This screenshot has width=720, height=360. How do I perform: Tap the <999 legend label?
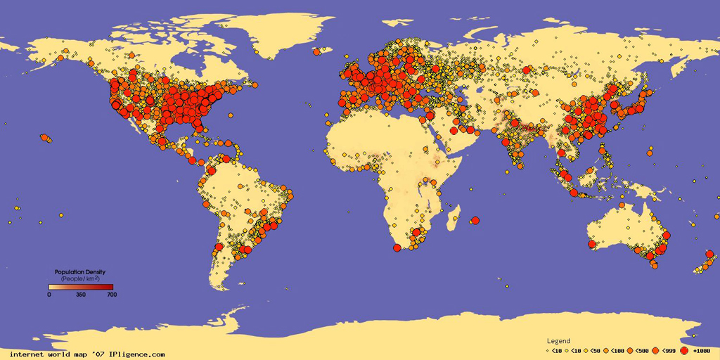tap(669, 350)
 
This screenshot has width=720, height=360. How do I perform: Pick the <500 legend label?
tap(641, 350)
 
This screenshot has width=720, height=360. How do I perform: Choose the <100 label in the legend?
tap(616, 350)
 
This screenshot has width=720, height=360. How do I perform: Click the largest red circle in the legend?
tap(684, 350)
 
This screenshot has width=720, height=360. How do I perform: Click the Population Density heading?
tap(80, 271)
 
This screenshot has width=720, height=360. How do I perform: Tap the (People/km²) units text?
tap(80, 278)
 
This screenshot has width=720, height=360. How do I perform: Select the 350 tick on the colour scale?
tap(81, 295)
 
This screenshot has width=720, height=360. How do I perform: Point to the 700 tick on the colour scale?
tap(111, 295)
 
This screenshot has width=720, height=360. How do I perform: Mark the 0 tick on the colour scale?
tap(49, 295)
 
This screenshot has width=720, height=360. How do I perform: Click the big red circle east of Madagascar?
tap(474, 220)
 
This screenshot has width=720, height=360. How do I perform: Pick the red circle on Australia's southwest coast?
tap(591, 244)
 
